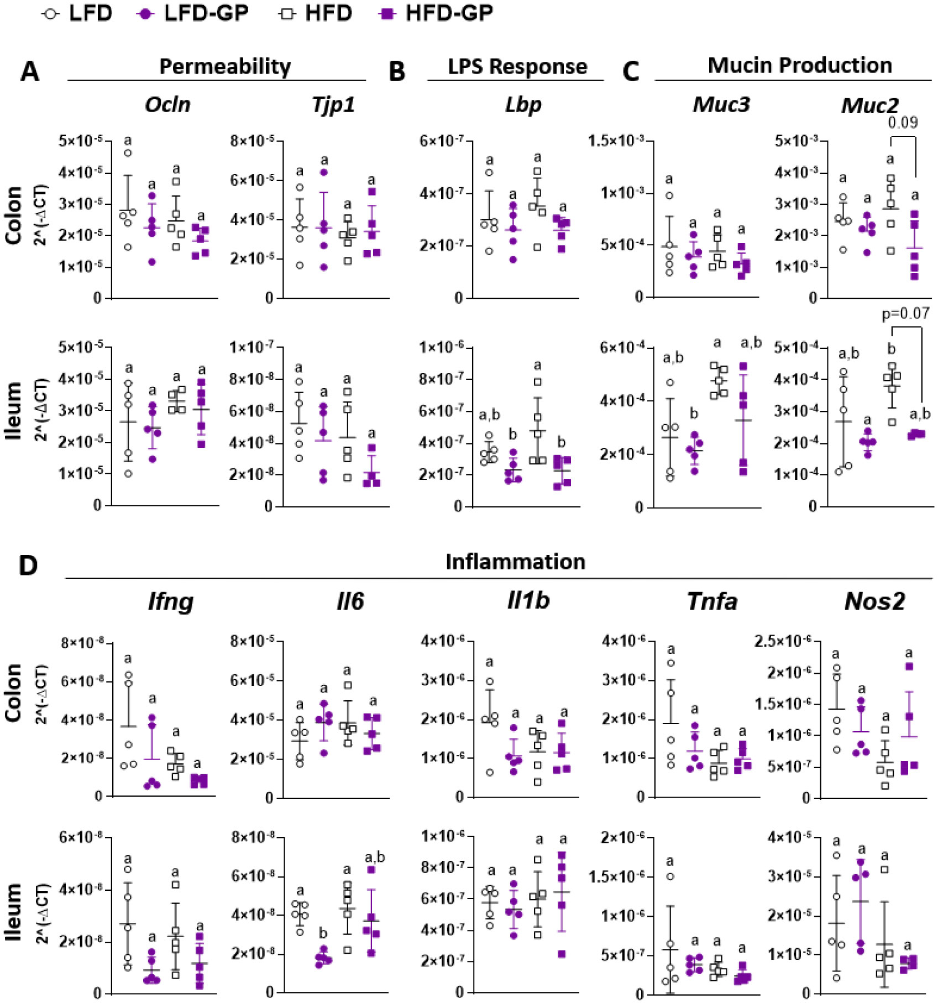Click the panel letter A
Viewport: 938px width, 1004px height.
click(30, 72)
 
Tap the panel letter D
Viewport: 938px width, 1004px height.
click(28, 566)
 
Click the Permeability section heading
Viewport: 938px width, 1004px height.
click(225, 66)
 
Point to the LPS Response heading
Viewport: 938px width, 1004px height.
click(517, 66)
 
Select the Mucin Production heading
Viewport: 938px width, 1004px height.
click(800, 65)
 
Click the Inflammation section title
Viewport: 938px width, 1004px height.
click(515, 562)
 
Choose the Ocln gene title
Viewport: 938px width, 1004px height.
click(167, 104)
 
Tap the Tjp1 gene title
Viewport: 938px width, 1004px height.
click(333, 104)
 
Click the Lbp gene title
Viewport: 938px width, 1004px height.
click(523, 104)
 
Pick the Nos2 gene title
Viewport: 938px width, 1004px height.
click(874, 601)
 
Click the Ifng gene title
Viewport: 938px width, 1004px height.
click(170, 601)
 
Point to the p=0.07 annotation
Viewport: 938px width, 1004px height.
click(905, 314)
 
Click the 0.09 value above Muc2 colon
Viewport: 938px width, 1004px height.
click(903, 122)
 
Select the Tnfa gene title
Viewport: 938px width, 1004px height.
click(712, 601)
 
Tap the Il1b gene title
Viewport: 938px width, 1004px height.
click(528, 601)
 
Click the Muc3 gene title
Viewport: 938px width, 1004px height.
click(721, 104)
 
